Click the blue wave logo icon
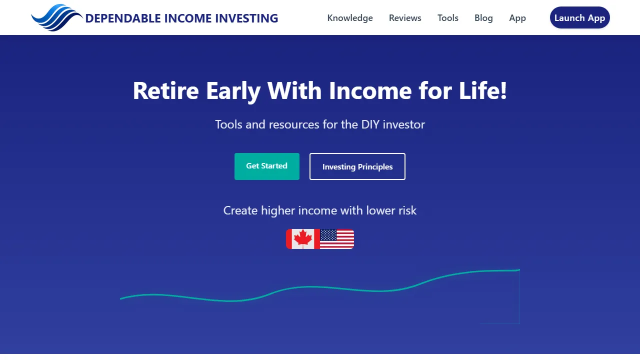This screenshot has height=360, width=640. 56,17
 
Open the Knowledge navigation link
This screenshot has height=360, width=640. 350,18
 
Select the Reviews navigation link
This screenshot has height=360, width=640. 405,18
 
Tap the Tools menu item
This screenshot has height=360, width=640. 448,18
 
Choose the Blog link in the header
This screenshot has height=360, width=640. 483,18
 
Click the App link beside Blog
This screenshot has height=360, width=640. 517,18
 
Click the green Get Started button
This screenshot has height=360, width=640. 267,166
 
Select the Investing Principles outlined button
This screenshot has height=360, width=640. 357,166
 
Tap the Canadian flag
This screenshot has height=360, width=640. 302,239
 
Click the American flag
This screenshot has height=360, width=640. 337,239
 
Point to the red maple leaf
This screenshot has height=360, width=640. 303,238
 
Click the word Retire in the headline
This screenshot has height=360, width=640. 165,91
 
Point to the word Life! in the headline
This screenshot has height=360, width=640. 484,91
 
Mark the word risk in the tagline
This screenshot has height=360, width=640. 407,210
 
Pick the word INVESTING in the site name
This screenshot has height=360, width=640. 246,18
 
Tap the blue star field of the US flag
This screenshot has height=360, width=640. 328,235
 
